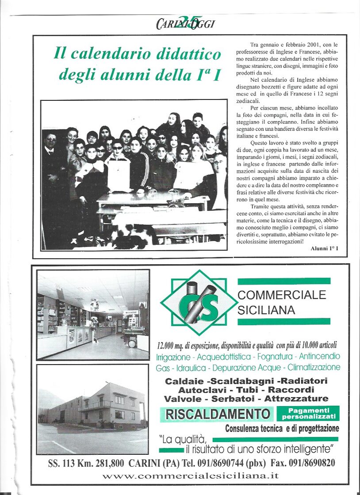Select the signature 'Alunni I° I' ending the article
click(324, 249)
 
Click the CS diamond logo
click(199, 303)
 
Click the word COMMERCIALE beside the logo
click(282, 295)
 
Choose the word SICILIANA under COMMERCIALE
click(266, 310)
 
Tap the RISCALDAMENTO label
click(218, 414)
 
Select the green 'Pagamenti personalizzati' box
click(308, 414)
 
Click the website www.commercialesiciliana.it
click(191, 476)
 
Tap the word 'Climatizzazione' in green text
click(314, 367)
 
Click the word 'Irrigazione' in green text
click(175, 356)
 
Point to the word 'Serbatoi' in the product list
click(235, 399)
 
